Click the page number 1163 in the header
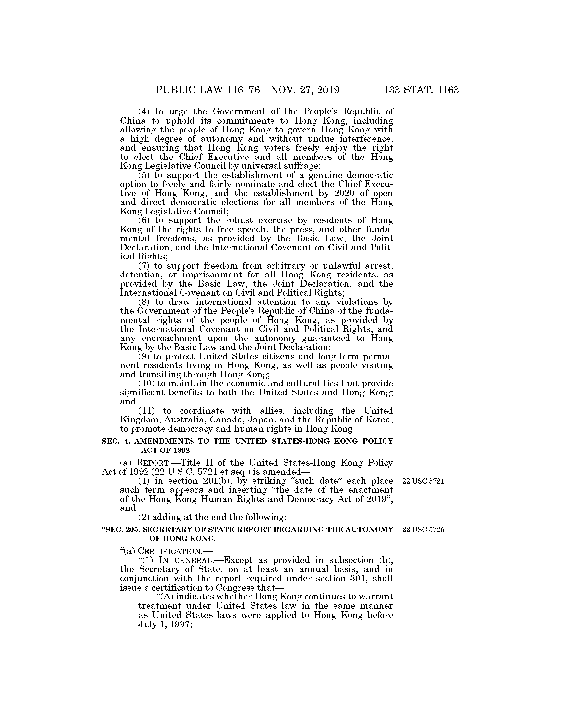[448, 90]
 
